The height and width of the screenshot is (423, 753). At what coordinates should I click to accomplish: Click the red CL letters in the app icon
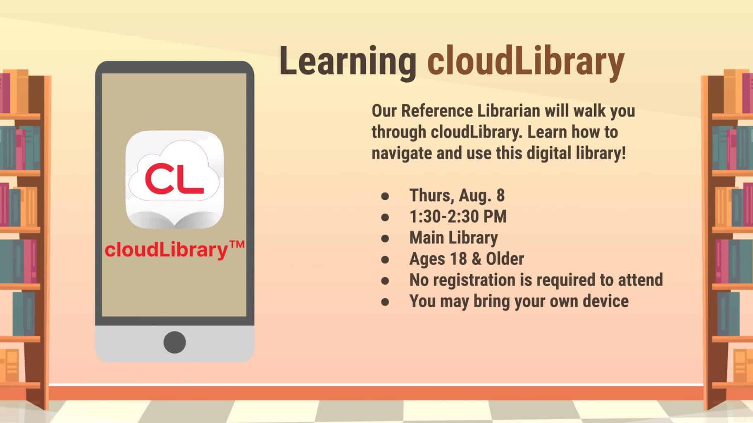pyautogui.click(x=174, y=179)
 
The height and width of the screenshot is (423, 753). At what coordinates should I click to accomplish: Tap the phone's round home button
pyautogui.click(x=174, y=342)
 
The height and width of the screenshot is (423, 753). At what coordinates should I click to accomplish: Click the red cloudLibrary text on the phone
pyautogui.click(x=166, y=250)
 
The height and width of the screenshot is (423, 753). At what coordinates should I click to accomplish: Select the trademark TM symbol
pyautogui.click(x=236, y=246)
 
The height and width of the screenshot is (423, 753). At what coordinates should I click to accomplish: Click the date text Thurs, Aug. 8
pyautogui.click(x=457, y=195)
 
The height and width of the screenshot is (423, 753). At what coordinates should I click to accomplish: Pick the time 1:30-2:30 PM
pyautogui.click(x=458, y=216)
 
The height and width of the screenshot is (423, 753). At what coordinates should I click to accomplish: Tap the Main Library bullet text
pyautogui.click(x=453, y=238)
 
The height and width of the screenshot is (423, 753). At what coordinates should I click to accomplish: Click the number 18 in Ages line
pyautogui.click(x=459, y=259)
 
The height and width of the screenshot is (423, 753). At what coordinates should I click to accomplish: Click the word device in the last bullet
pyautogui.click(x=605, y=301)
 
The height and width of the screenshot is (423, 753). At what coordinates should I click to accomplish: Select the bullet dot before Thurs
pyautogui.click(x=385, y=196)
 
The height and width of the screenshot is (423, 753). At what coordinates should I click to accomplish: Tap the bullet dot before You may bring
pyautogui.click(x=385, y=302)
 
